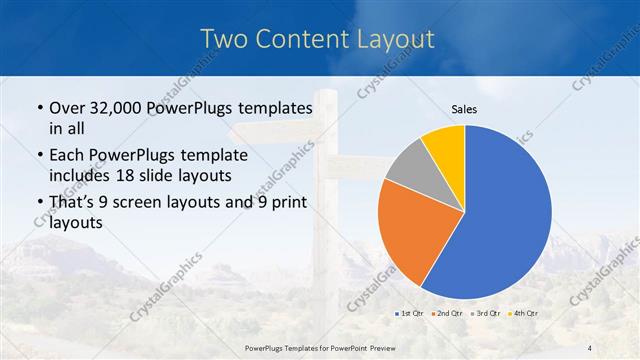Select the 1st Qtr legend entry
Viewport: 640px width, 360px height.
(x=412, y=313)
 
